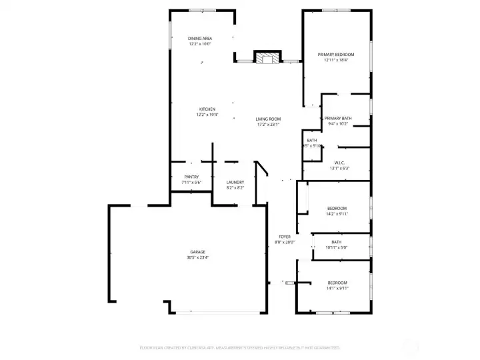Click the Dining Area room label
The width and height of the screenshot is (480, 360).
(200, 39)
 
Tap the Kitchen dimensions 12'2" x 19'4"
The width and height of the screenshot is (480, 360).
(207, 115)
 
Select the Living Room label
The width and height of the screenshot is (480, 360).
(268, 119)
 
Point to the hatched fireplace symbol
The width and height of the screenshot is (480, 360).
(268, 58)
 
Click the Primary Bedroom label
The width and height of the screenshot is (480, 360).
(335, 54)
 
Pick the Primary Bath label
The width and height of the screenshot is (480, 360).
(338, 118)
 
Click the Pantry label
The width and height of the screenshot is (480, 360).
(191, 177)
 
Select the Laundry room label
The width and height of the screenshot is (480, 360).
(235, 182)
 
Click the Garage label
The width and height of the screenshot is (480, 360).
(197, 252)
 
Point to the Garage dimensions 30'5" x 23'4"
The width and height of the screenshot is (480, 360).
(197, 257)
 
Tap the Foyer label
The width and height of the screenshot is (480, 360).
(284, 237)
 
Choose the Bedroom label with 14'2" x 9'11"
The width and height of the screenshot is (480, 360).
(337, 209)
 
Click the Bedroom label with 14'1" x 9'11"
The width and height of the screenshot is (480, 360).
(337, 283)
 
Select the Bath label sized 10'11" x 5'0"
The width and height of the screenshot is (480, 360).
(337, 242)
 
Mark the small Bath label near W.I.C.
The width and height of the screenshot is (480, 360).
(312, 140)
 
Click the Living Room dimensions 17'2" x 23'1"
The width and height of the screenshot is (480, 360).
(268, 124)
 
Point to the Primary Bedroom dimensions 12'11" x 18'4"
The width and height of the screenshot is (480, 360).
(335, 60)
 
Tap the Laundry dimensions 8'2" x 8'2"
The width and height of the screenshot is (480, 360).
(235, 188)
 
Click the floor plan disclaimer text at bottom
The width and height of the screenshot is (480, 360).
(240, 348)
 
